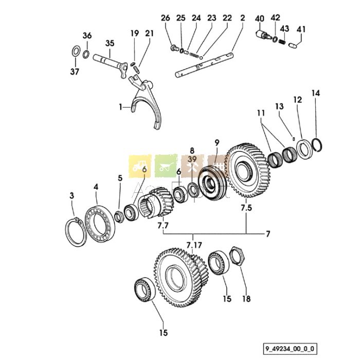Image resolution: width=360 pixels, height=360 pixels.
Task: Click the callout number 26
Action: click(165, 18)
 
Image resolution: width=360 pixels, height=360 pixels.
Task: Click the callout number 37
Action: click(75, 71)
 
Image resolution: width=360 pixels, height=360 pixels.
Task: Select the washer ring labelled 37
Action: click(75, 52)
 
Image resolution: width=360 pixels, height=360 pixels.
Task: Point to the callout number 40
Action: click(259, 18)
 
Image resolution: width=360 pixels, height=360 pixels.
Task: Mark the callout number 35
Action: click(110, 43)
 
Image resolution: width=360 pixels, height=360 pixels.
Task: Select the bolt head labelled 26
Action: click(174, 47)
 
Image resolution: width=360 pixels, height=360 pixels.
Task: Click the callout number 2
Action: click(242, 18)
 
